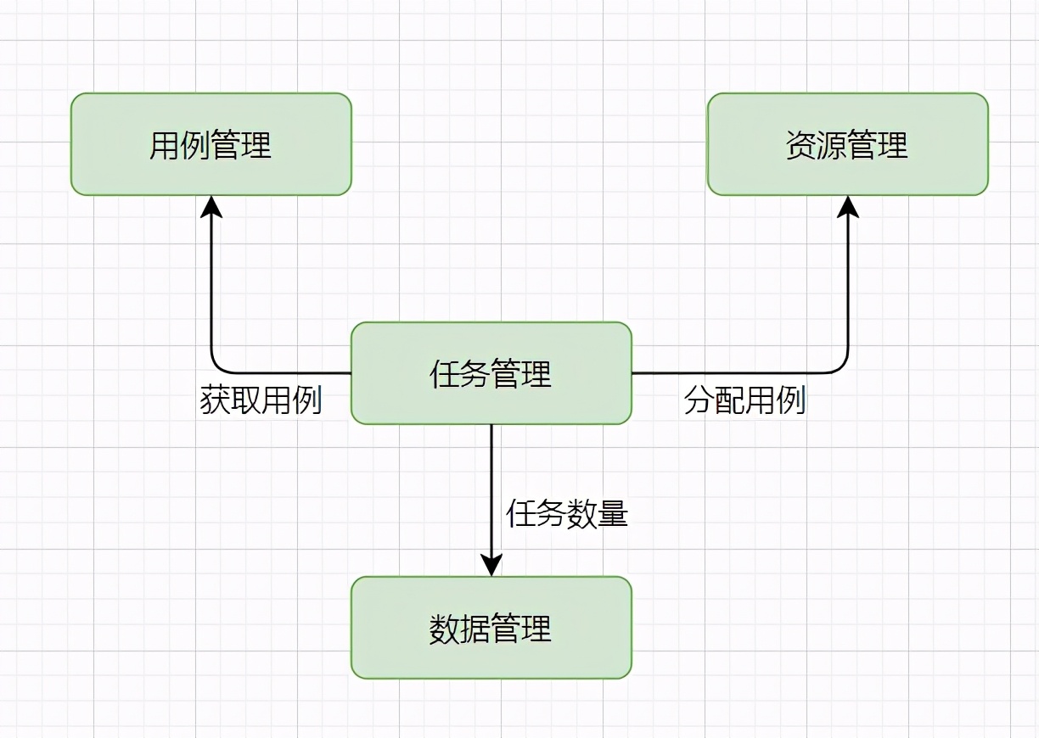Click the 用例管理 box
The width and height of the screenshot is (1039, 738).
point(211,144)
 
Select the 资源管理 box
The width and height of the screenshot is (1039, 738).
point(847,144)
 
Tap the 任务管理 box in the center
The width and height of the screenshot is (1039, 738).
point(491,373)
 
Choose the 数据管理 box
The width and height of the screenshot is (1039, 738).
point(491,628)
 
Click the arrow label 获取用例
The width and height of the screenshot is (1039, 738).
point(261,400)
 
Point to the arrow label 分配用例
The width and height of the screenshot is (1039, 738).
point(744,400)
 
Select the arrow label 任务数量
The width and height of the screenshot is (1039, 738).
point(567,513)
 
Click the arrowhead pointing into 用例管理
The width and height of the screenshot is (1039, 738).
point(211,206)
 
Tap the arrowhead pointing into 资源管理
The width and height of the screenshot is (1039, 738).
point(847,206)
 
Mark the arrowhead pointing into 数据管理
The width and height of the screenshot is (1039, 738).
point(491,565)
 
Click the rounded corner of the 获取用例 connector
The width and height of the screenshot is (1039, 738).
point(217,366)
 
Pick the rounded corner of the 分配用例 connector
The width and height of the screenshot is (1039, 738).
point(841,366)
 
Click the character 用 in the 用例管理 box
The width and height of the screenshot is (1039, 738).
point(165,145)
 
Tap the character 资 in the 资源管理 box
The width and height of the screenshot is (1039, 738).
point(801,145)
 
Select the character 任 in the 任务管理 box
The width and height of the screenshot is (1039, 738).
point(445,374)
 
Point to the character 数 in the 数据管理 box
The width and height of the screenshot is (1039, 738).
point(445,629)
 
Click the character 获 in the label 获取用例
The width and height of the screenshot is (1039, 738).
point(216,400)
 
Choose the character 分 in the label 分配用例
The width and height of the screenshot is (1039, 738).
point(699,400)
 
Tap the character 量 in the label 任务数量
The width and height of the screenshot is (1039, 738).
point(613,513)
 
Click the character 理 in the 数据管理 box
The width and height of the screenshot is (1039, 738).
point(536,629)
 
